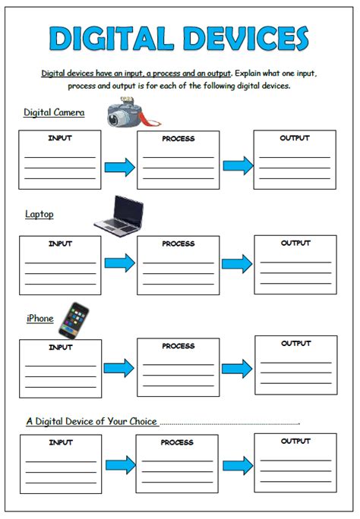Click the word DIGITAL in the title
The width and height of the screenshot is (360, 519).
coord(112,39)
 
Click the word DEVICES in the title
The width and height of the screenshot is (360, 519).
coord(246,39)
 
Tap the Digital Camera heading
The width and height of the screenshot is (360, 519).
coord(54,112)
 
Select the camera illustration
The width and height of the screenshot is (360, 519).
coord(134,112)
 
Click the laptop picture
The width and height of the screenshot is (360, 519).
coord(119,215)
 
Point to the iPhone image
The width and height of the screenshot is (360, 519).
coord(74,320)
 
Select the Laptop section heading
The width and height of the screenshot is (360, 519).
coord(39,214)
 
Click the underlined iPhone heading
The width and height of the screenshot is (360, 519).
coord(40,319)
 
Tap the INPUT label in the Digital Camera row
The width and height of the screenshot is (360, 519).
coord(60,138)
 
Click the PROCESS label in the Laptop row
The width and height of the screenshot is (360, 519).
coord(178,244)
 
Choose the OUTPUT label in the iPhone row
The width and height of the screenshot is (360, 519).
coord(296,343)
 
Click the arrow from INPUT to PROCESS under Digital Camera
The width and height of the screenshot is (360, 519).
coord(120,167)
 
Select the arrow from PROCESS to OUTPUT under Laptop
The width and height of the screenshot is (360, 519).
coord(237,264)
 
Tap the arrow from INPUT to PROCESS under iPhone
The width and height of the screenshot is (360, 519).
coord(119,368)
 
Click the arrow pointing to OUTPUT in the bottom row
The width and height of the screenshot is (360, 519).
coord(238,465)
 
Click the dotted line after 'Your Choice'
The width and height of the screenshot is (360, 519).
coord(230,423)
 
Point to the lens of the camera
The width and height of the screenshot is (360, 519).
coord(115,119)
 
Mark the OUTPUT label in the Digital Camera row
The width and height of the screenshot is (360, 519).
coord(295,137)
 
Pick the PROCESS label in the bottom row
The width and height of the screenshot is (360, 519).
coord(177,442)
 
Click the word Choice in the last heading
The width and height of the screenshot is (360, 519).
coord(143,421)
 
